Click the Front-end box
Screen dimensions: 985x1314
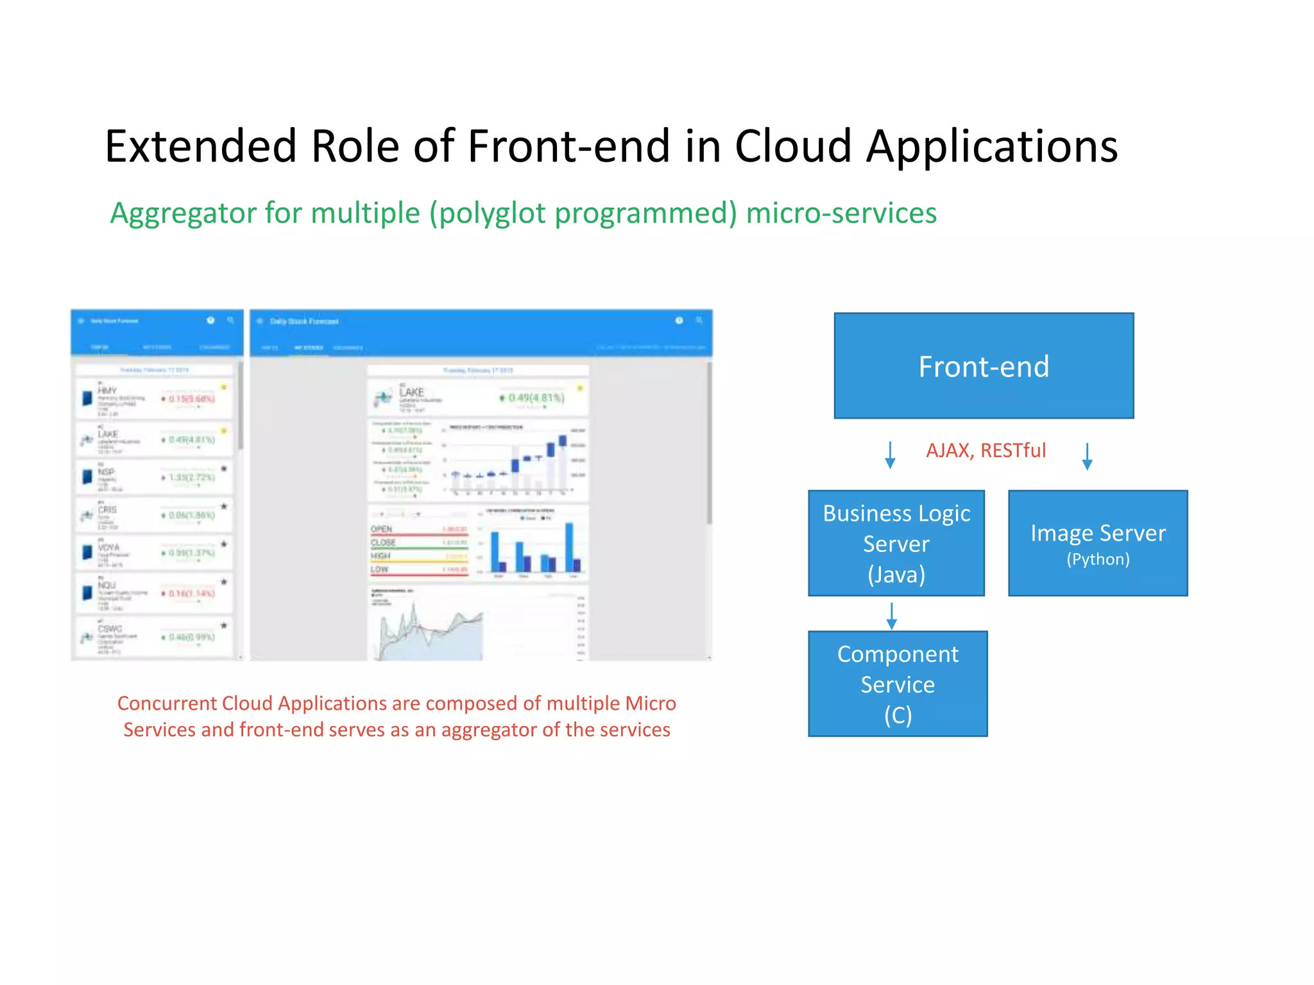tap(984, 366)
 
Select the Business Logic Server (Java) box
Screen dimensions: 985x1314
tap(896, 543)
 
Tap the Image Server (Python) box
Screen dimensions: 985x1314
tap(1097, 543)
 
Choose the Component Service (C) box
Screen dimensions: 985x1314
tap(897, 684)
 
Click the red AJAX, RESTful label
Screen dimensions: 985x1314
tap(985, 450)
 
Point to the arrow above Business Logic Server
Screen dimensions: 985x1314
tap(890, 455)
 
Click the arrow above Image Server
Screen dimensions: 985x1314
tap(1087, 456)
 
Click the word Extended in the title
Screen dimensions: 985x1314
tap(200, 146)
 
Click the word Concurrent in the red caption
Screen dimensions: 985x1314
tap(167, 703)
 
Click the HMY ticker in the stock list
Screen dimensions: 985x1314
tap(107, 391)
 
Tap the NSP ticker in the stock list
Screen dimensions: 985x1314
tap(106, 472)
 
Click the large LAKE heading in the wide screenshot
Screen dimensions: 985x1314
tap(411, 392)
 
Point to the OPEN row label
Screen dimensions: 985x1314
tap(381, 529)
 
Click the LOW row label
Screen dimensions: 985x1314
tap(379, 569)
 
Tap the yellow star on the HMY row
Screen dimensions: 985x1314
tap(224, 387)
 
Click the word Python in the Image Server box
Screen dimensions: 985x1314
tap(1097, 559)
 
